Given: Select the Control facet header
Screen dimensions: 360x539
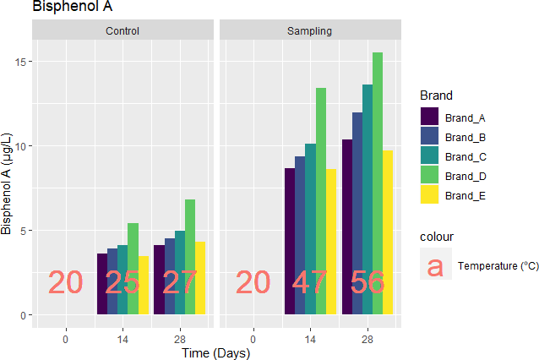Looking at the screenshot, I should point(122,31).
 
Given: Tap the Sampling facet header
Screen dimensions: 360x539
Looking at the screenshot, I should point(310,31).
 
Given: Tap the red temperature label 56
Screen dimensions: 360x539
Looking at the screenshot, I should point(367,283).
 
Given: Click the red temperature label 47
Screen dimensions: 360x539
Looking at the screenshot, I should point(310,283).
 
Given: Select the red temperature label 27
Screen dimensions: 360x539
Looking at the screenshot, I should point(180,283).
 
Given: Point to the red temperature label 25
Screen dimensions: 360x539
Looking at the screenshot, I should point(122,283).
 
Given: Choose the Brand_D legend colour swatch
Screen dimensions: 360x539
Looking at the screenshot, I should point(430,176).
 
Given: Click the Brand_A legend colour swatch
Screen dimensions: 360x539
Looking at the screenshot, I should point(430,117).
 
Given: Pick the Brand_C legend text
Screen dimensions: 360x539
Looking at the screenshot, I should point(465,156).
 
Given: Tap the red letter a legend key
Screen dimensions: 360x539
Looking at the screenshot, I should point(434,266).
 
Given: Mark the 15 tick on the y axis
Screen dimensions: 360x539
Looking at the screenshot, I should point(21,62).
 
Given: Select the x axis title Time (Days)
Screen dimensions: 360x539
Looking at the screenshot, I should point(216,353).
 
